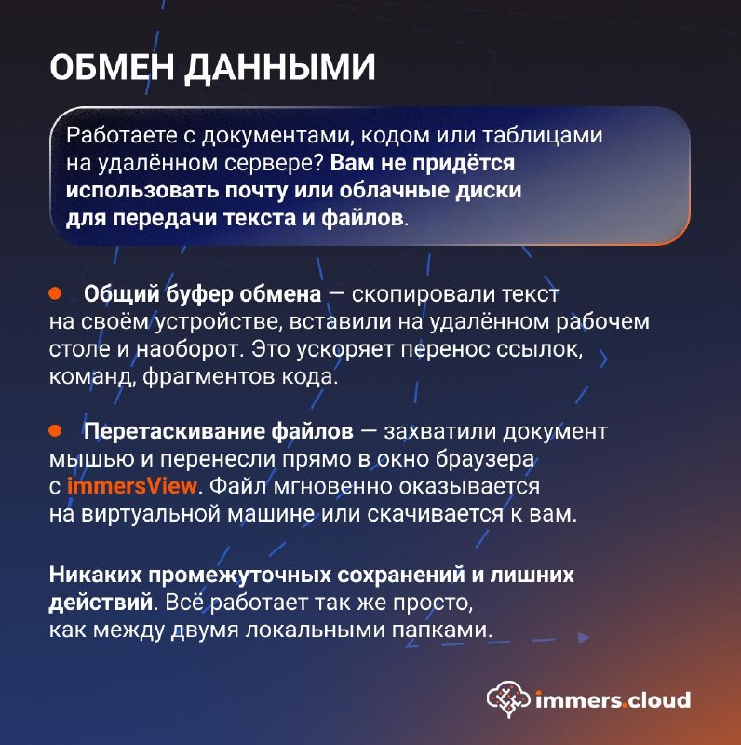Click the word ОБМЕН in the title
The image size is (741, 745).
click(x=112, y=67)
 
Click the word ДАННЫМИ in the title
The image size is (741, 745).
click(x=280, y=68)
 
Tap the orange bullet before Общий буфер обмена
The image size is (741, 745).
click(x=55, y=293)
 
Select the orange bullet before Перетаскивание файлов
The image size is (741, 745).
click(x=55, y=430)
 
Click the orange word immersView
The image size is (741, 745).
click(x=131, y=486)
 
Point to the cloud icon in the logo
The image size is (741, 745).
click(x=508, y=698)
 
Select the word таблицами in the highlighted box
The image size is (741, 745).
click(x=543, y=137)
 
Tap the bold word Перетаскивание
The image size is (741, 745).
click(x=174, y=432)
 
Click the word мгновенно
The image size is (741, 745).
click(x=327, y=486)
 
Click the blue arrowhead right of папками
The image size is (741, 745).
click(x=584, y=637)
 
